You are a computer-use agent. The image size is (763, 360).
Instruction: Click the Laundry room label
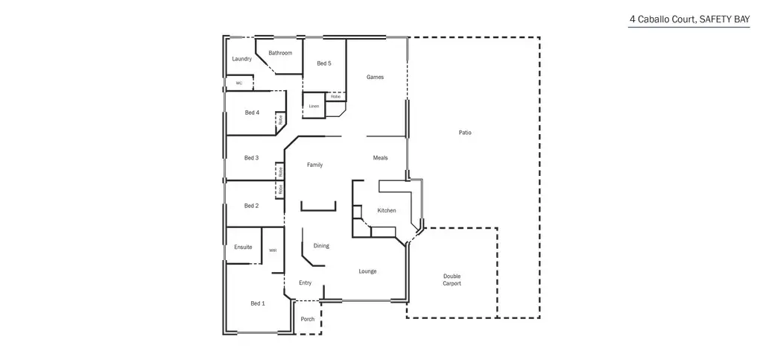click(241, 59)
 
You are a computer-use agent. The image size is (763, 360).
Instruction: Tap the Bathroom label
click(280, 53)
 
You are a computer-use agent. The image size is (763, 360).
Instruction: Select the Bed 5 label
click(323, 63)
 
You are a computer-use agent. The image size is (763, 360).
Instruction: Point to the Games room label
click(375, 77)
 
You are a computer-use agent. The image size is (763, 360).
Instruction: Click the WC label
click(239, 83)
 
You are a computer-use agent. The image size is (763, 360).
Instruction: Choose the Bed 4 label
click(252, 113)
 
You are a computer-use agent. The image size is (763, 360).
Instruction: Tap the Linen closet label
click(314, 107)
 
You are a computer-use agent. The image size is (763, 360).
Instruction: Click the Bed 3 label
click(251, 158)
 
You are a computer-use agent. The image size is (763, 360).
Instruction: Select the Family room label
click(314, 165)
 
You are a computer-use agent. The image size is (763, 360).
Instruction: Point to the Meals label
click(380, 158)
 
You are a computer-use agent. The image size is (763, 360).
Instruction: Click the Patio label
click(465, 133)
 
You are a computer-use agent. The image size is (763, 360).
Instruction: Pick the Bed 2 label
click(251, 206)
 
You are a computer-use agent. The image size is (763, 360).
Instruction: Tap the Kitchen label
click(386, 211)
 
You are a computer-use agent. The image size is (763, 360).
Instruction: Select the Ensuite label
click(243, 247)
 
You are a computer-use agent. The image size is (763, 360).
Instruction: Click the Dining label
click(321, 246)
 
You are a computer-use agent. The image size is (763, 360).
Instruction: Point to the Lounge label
click(367, 271)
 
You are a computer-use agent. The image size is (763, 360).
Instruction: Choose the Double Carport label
click(452, 280)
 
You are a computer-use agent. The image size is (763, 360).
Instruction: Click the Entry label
click(305, 283)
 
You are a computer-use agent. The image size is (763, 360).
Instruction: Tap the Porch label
click(307, 319)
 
